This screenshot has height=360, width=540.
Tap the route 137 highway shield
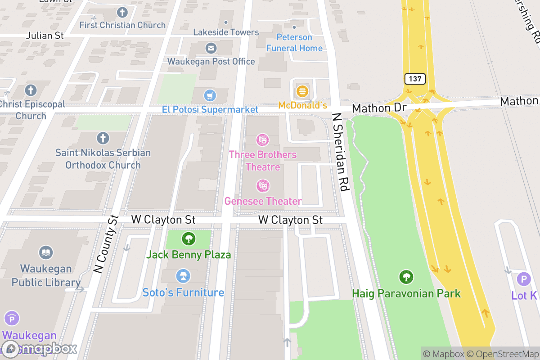[415, 79]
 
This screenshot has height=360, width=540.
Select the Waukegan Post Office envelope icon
[211, 48]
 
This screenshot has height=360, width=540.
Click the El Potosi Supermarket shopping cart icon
[210, 95]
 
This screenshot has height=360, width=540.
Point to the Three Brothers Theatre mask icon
[262, 140]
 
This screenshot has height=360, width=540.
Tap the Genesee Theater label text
[263, 201]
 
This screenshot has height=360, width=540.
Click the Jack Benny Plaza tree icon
[189, 238]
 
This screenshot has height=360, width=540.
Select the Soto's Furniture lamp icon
[183, 275]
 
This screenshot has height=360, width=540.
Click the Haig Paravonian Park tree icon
[406, 277]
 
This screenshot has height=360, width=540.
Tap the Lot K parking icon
[524, 279]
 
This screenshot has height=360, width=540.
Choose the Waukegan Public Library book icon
[46, 253]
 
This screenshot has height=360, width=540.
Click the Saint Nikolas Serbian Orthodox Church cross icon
[103, 138]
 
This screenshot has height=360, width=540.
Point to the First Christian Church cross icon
[122, 12]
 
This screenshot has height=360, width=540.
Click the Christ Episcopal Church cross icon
[31, 90]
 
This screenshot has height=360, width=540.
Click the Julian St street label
[45, 35]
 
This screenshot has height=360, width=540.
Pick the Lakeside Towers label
[226, 32]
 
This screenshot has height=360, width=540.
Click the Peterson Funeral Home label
[294, 43]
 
